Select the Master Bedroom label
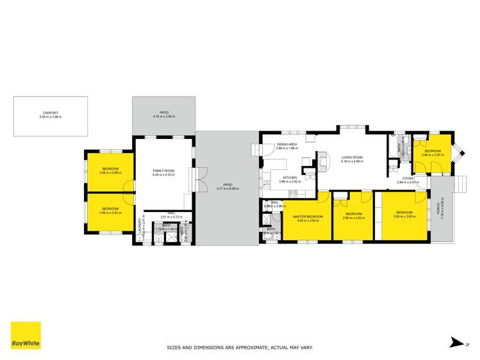[307, 217]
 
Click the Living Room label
[352, 157]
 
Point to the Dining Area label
[286, 145]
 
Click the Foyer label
[408, 179]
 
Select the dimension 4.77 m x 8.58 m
[228, 190]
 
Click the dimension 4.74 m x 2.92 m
[164, 117]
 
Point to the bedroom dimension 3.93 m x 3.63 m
[405, 217]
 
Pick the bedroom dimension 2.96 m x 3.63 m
[354, 218]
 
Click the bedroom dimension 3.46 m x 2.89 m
[111, 173]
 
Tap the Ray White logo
[26, 336]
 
